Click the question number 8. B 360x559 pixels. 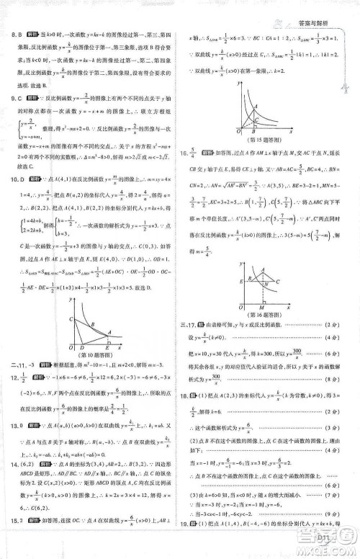pos(14,34)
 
